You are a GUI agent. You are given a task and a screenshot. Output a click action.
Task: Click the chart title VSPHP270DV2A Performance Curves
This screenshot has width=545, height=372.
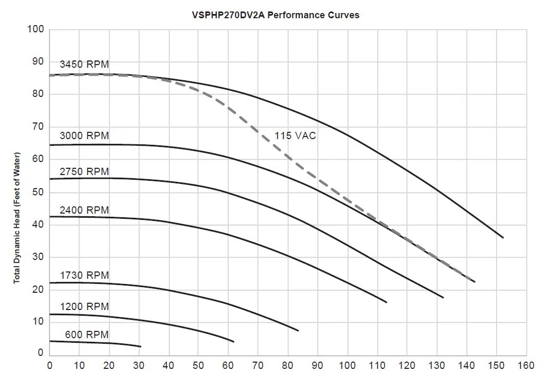point(275,15)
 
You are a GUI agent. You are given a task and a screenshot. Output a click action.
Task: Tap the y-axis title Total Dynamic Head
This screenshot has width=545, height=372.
point(16,218)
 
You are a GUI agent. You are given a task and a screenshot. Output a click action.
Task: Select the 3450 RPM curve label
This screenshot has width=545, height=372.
point(84,65)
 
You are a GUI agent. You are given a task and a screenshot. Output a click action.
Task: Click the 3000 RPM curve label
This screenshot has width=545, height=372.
point(84,135)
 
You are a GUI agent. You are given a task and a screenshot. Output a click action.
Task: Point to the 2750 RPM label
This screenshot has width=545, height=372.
point(84,171)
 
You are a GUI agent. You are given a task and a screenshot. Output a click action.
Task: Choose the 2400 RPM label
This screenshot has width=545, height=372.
point(84,210)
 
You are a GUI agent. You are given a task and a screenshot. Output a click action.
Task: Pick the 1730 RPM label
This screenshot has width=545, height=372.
point(84,275)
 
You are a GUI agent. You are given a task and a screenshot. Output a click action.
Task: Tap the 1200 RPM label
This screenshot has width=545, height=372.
point(84,306)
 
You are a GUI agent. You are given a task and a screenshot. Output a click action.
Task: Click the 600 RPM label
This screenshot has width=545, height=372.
point(87,334)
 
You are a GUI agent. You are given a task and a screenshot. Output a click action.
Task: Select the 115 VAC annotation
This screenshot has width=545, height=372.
point(295,136)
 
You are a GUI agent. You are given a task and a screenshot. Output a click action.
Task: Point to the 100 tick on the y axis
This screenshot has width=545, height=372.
point(36,29)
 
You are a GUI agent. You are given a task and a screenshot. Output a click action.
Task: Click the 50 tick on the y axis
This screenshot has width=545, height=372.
point(38,192)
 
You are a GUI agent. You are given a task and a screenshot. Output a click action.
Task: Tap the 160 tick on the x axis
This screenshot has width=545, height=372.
point(526,365)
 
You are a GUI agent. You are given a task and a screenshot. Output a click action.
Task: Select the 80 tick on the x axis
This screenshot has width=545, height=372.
point(288,365)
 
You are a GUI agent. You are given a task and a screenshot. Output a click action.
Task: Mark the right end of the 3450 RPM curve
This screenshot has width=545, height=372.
point(503,238)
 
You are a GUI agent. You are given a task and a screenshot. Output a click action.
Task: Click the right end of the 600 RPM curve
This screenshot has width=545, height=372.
point(141,346)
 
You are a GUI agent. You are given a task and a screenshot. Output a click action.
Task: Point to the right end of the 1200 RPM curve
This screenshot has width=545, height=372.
point(233,342)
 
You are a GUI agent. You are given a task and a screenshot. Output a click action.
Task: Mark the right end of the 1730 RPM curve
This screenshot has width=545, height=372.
point(298,331)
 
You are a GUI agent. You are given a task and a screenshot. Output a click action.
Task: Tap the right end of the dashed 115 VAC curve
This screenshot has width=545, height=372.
point(475,282)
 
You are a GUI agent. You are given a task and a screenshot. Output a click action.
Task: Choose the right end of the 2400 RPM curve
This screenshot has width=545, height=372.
point(387,302)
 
